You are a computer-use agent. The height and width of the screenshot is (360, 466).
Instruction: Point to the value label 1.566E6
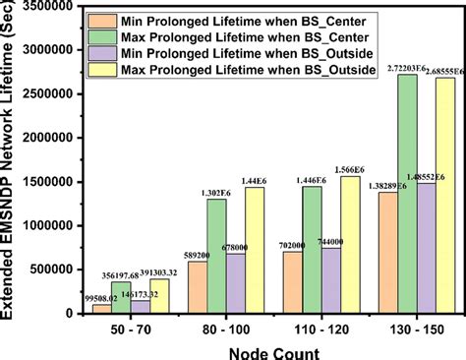click(348, 168)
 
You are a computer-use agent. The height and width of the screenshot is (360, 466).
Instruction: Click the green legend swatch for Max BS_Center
click(100, 36)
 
